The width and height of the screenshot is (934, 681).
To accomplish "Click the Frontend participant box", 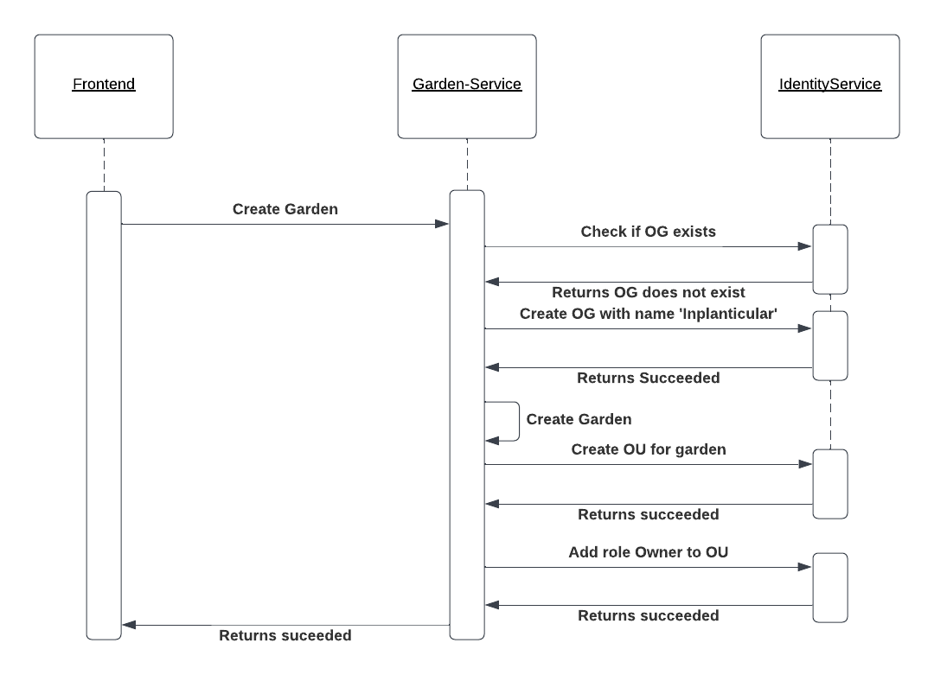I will (x=104, y=86).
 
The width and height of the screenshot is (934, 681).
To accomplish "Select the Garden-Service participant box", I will (x=467, y=86).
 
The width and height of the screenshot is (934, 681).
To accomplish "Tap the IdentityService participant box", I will (x=830, y=86).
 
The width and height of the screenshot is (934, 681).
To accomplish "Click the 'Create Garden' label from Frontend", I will (x=285, y=209).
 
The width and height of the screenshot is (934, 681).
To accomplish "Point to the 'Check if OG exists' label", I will (x=648, y=232).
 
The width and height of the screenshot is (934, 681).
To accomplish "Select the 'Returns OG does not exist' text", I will (x=648, y=292).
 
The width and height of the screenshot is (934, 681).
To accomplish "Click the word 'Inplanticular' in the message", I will (x=728, y=314).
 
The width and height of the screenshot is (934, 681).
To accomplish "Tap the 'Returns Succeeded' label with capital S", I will (x=648, y=378).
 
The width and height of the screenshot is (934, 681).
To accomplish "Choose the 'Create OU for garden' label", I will (x=648, y=449).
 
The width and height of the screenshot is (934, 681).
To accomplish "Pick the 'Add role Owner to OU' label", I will (x=648, y=552).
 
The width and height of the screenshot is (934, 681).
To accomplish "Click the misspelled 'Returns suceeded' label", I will (x=285, y=635).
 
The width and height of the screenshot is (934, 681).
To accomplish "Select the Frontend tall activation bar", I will (x=104, y=415).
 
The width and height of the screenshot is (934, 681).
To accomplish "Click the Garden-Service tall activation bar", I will (x=467, y=415).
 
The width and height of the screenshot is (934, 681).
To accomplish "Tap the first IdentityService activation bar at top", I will (x=830, y=259).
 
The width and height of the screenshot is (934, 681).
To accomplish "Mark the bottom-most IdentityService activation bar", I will (x=830, y=588).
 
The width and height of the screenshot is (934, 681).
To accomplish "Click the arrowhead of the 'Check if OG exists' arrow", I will (x=805, y=247).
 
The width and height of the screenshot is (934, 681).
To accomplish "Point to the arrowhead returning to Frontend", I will (x=129, y=625).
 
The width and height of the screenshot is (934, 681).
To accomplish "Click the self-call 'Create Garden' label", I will (x=579, y=419).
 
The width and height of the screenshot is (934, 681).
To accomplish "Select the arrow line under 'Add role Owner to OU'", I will (x=648, y=567).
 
